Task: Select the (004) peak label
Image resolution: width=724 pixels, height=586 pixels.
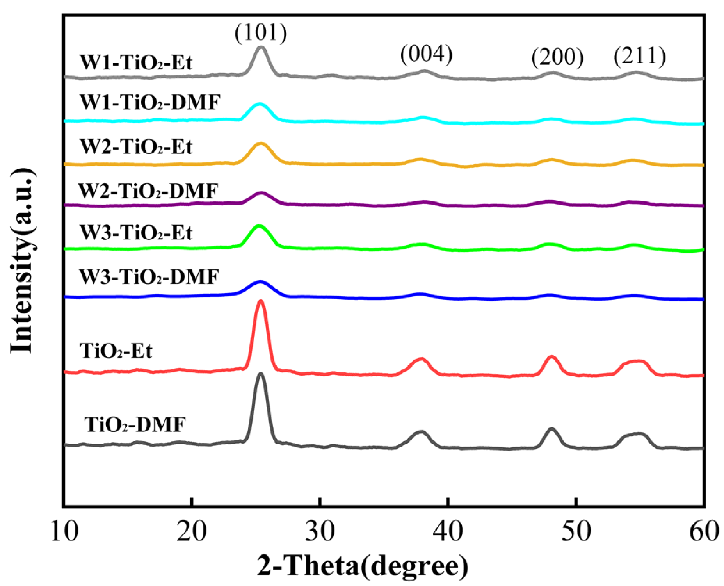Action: click(426, 54)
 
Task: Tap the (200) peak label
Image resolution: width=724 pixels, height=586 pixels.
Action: click(557, 57)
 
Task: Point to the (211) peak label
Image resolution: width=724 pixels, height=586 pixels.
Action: click(640, 56)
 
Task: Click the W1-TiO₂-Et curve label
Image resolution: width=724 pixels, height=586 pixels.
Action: click(136, 62)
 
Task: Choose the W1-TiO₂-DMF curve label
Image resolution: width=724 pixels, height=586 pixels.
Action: click(150, 102)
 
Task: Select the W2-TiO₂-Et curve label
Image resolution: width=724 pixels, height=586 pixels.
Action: click(136, 147)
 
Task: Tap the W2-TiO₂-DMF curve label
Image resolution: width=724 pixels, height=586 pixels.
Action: click(148, 191)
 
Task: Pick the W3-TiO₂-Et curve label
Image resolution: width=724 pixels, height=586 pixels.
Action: click(136, 233)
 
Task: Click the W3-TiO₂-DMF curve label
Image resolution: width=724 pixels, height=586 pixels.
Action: click(149, 277)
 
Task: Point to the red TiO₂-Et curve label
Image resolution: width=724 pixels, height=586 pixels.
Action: click(116, 351)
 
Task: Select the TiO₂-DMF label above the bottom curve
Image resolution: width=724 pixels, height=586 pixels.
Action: click(135, 424)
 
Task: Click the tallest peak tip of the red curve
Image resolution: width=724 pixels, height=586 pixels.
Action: click(260, 301)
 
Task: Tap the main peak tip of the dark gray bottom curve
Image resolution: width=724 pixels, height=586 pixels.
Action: click(260, 374)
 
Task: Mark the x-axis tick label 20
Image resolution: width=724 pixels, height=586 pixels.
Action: click(191, 531)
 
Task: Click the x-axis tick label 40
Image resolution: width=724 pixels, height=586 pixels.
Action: click(448, 531)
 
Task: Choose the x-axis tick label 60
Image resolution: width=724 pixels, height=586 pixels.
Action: click(704, 531)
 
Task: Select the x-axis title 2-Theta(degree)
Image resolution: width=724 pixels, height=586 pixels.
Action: click(363, 566)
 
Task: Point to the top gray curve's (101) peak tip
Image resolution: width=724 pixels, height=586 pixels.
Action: click(261, 47)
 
